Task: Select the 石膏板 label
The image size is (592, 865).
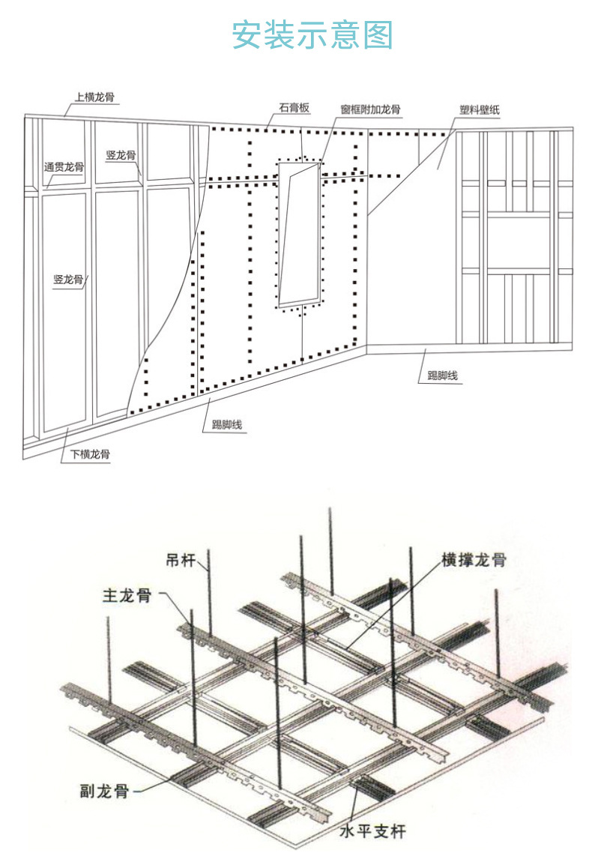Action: [x=295, y=109]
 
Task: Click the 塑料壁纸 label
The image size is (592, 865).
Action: [x=480, y=110]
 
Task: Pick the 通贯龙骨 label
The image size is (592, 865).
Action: [x=64, y=167]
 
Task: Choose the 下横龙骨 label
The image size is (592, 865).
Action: [x=91, y=454]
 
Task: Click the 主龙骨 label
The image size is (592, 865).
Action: [x=127, y=596]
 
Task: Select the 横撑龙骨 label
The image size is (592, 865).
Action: [x=474, y=559]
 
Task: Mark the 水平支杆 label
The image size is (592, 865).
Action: [x=372, y=831]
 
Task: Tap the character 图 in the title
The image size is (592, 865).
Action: [x=379, y=35]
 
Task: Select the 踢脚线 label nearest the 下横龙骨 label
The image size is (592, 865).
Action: [x=227, y=425]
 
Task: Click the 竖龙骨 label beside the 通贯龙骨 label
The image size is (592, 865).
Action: [x=121, y=155]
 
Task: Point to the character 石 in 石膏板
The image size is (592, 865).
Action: [x=284, y=109]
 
